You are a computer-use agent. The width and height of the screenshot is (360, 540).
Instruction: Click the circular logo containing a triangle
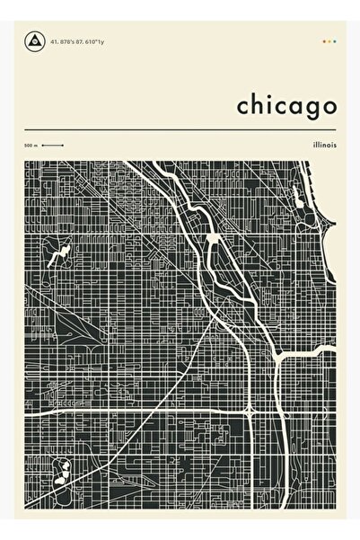(36, 40)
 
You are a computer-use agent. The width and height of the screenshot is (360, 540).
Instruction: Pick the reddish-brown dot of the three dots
(323, 40)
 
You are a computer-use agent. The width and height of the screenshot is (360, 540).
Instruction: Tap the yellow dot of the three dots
(329, 40)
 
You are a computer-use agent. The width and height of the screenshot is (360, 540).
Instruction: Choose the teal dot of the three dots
(334, 40)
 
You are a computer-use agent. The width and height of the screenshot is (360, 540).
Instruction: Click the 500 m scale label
(31, 146)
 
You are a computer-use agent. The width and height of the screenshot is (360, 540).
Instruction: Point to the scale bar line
(52, 146)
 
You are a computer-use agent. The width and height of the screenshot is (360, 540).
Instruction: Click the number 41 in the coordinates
(56, 40)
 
